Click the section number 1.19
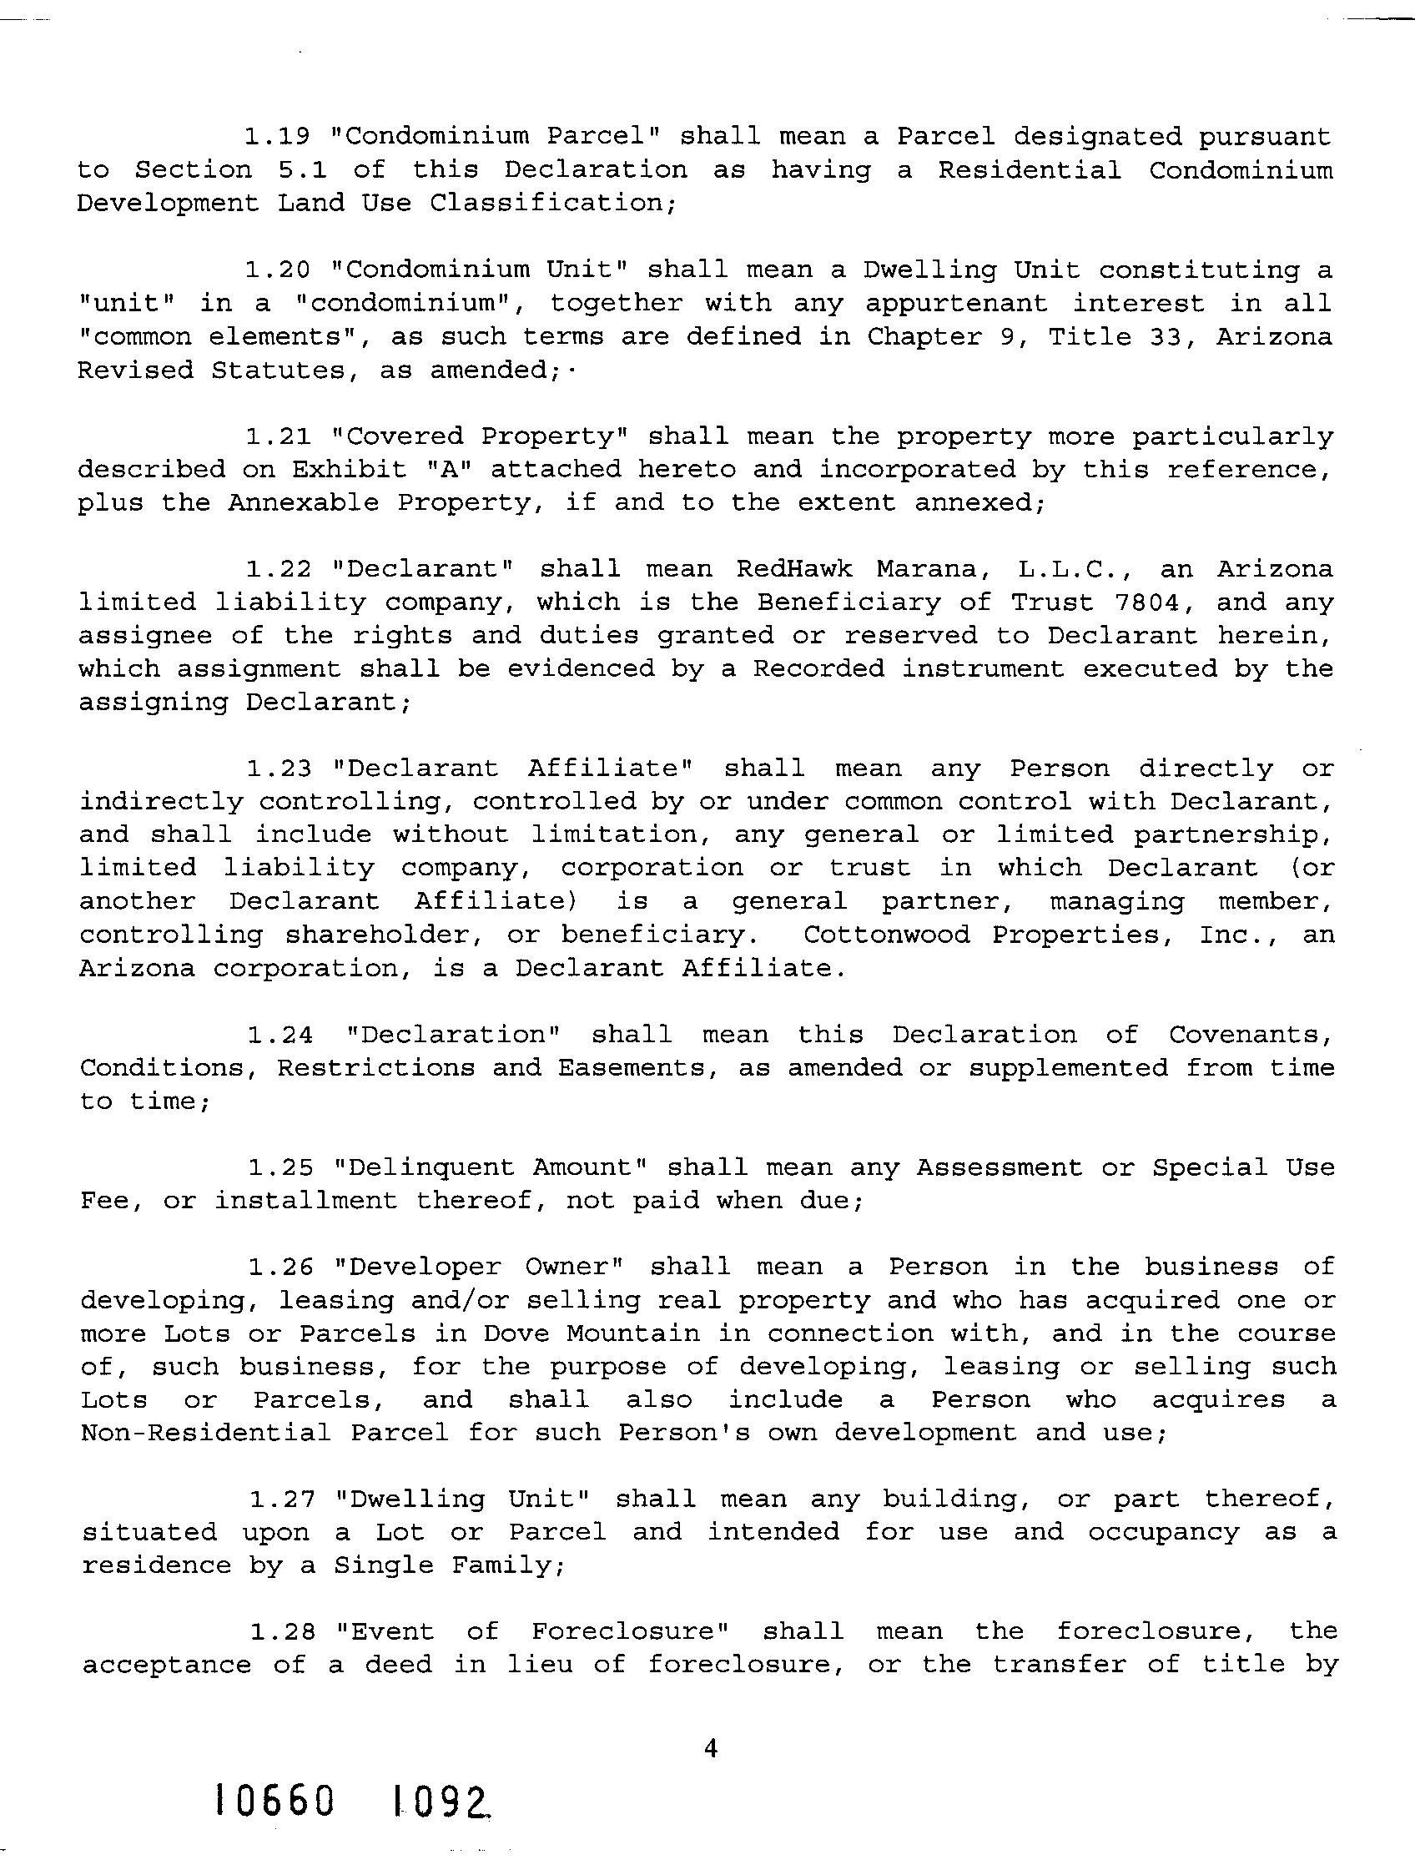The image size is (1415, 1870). click(278, 136)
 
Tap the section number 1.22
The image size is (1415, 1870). click(279, 568)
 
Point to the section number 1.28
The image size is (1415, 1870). click(282, 1631)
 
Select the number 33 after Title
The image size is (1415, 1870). click(1169, 336)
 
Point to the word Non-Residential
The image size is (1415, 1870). click(206, 1433)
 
